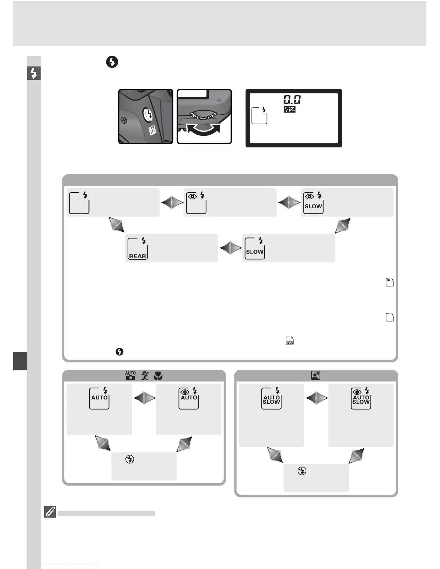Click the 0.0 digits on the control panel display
(x=292, y=99)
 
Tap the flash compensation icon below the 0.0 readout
(x=289, y=109)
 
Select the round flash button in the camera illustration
(x=148, y=115)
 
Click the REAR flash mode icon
(x=138, y=248)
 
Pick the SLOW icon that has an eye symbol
(x=313, y=203)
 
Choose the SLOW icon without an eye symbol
(x=255, y=248)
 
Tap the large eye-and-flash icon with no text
(x=196, y=203)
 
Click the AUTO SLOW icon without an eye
(x=271, y=398)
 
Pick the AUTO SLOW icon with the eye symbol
(x=361, y=398)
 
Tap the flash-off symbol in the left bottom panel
(x=130, y=459)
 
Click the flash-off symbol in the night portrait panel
(x=302, y=471)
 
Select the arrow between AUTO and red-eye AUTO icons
(x=145, y=398)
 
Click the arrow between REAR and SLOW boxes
(x=230, y=248)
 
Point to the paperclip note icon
(x=50, y=512)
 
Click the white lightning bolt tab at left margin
(x=34, y=73)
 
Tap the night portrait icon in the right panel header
(x=316, y=376)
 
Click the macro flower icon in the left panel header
(x=158, y=376)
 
